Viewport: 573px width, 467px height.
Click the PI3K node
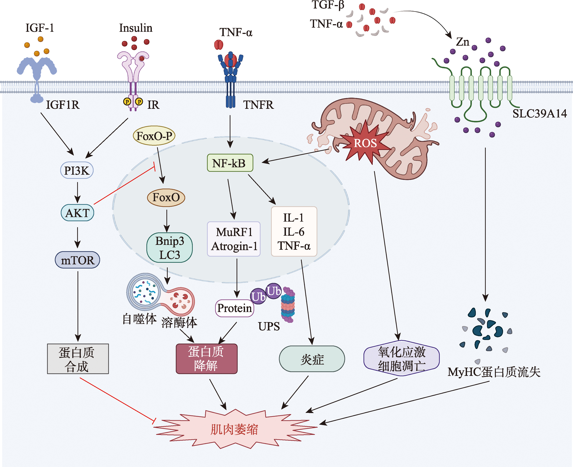[x=77, y=170]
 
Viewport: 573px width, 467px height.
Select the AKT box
[x=77, y=213]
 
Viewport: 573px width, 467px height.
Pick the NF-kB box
[x=230, y=163]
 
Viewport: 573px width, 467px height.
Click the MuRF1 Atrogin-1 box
[x=234, y=239]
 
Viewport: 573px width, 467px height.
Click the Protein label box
[x=235, y=308]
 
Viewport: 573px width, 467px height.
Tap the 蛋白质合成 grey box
[x=78, y=359]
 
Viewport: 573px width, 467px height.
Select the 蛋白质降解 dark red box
[x=206, y=359]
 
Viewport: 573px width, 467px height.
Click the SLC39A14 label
[x=539, y=114]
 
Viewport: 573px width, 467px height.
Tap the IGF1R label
[x=63, y=105]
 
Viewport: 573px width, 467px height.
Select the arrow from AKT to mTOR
[x=77, y=237]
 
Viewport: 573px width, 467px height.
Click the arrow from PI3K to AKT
[x=77, y=192]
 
